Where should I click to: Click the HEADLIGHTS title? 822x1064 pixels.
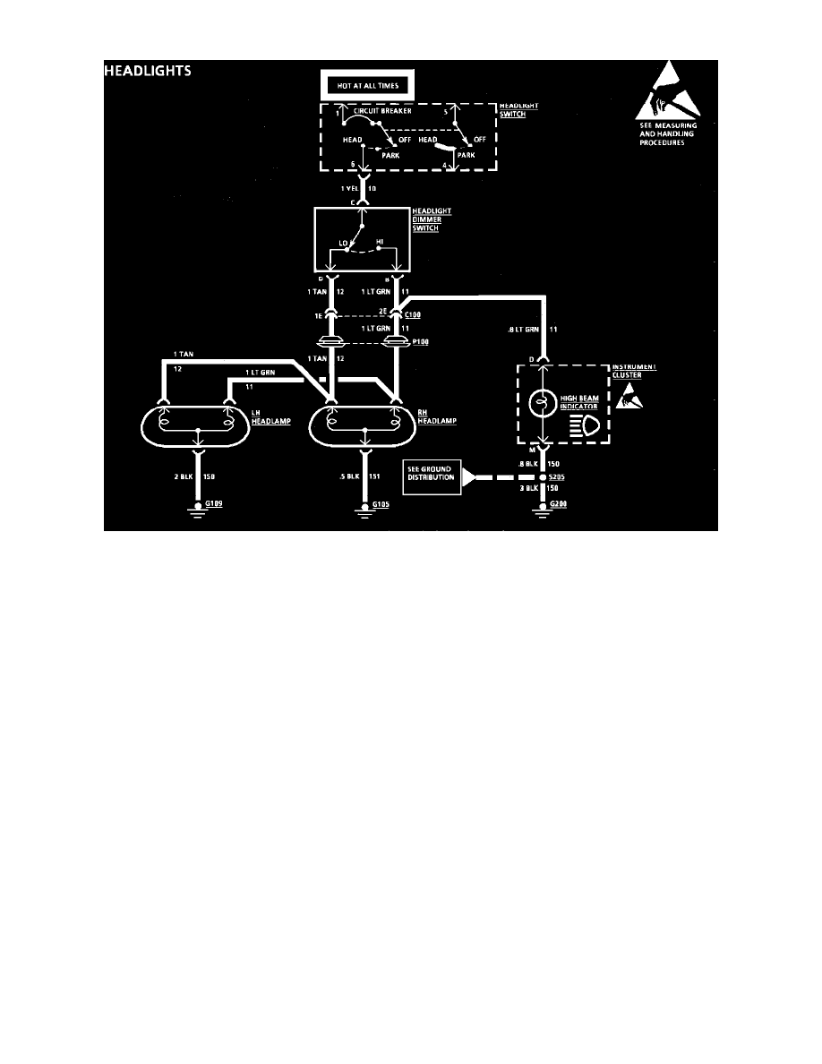point(148,72)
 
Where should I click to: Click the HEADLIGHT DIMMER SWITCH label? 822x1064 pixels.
point(430,220)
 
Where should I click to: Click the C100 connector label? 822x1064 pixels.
point(412,315)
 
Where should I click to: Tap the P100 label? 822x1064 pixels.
point(412,343)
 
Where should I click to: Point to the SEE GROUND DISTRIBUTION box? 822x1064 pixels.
point(432,476)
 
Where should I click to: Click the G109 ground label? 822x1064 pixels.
point(214,505)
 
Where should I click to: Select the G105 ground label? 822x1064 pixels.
point(381,505)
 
